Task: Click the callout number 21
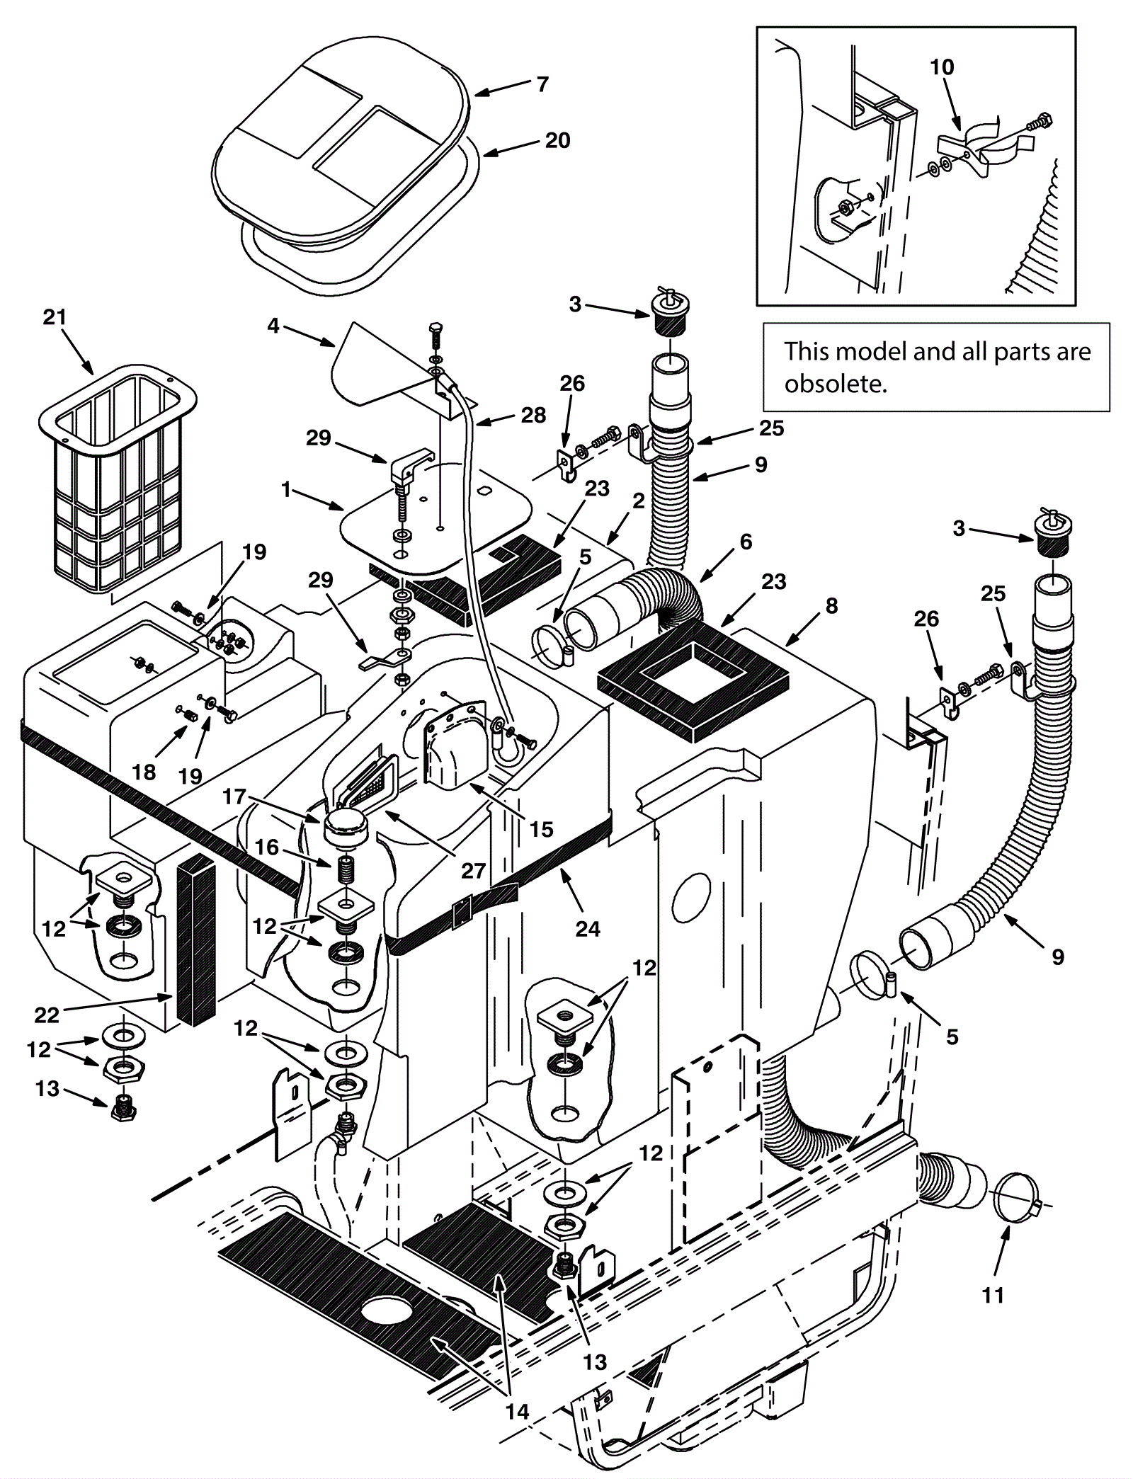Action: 55,318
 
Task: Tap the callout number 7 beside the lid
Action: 542,84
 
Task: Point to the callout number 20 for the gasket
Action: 557,140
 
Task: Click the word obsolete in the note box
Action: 835,384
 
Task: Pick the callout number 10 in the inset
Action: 942,67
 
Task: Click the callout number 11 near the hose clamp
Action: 993,1295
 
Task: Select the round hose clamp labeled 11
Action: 1020,1199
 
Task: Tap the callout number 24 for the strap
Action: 588,928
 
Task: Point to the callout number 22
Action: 47,1015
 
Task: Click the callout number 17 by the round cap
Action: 234,797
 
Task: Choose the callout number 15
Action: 542,829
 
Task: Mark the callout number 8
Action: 831,605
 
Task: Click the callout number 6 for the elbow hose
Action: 746,542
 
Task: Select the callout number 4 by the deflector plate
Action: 273,326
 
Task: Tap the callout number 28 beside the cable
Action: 533,415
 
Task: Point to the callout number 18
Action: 144,771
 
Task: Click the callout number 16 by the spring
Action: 267,847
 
